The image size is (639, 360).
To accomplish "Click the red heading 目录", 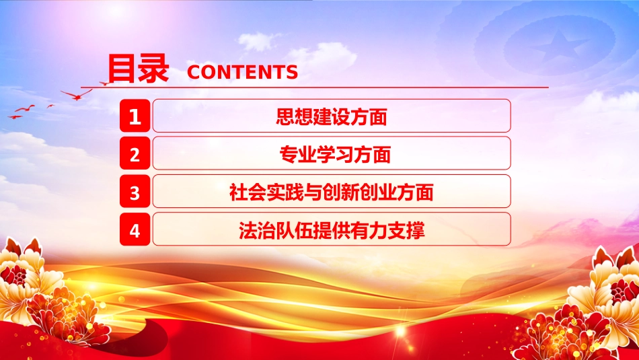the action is click(138, 69).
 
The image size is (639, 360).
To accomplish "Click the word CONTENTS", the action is click(242, 72).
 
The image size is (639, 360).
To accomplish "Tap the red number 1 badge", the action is click(135, 116).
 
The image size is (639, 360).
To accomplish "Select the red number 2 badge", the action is click(135, 153).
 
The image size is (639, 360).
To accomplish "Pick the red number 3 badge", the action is click(135, 191).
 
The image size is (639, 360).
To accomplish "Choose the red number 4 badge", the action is click(135, 229).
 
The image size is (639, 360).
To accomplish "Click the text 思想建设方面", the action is click(332, 116).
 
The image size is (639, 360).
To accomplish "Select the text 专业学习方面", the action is click(335, 154).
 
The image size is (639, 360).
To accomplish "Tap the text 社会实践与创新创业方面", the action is click(332, 192).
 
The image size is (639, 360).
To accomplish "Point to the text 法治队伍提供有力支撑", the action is click(332, 230).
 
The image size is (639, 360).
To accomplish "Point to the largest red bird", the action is click(76, 95).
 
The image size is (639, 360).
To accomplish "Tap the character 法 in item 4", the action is click(248, 230).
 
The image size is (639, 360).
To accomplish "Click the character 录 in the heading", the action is click(153, 69).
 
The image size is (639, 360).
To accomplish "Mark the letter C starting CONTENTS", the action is click(194, 72).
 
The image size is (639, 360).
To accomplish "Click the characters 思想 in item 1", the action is click(294, 116).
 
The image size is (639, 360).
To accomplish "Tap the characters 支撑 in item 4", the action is click(406, 230).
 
